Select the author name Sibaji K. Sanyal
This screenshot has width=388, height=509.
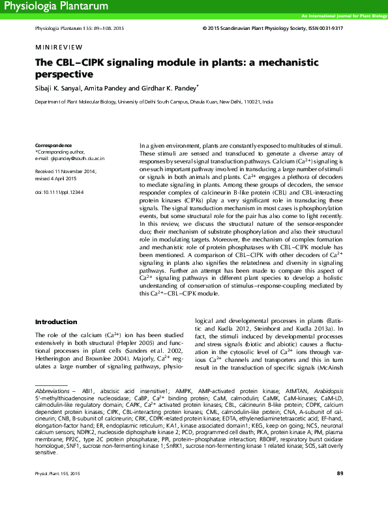(59, 87)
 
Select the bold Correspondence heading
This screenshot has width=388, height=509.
(53, 144)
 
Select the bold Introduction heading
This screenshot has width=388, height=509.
(57, 322)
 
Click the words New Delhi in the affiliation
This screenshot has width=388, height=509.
(233, 102)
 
